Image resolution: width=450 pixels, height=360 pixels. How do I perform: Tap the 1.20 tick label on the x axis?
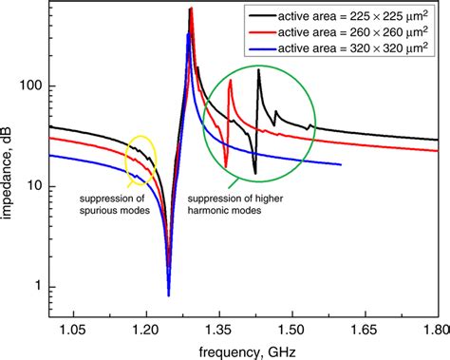[x=144, y=328]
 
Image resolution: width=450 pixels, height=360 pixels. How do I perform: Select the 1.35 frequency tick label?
[x=217, y=328]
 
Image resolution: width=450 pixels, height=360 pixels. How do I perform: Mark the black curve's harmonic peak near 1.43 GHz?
[x=258, y=69]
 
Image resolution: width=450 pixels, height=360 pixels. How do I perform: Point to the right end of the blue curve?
[x=340, y=164]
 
